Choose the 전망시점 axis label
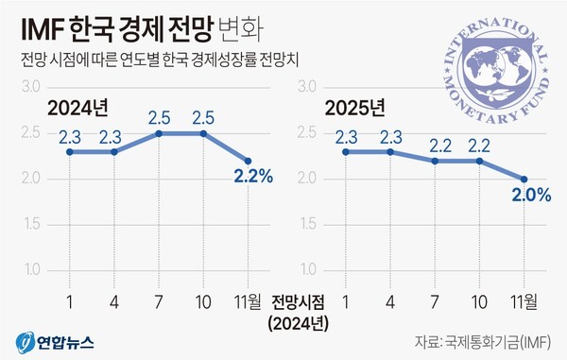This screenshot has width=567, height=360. click(x=297, y=302)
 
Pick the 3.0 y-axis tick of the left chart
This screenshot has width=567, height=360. click(x=32, y=87)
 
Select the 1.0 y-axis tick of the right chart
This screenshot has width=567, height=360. click(x=304, y=270)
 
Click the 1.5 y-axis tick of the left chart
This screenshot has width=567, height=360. click(x=32, y=225)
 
